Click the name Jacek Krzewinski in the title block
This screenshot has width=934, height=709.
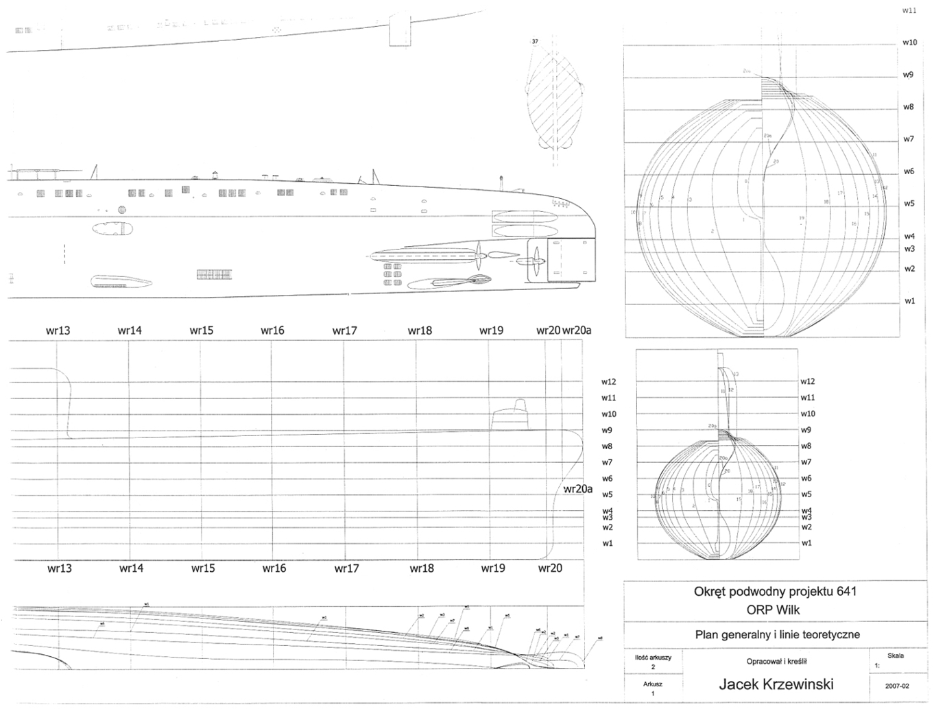(x=776, y=684)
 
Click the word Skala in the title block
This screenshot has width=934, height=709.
(x=896, y=656)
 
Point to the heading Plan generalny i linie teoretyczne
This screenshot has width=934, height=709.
(x=777, y=635)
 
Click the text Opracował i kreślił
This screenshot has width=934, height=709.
(x=776, y=662)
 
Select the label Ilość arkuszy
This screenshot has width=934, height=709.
(x=653, y=657)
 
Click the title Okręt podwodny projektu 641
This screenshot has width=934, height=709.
(x=776, y=592)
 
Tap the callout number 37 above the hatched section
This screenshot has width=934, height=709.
(x=535, y=42)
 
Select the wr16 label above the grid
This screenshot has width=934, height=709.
(x=272, y=331)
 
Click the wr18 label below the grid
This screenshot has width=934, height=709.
(x=422, y=568)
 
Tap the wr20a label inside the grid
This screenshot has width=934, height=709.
(x=577, y=489)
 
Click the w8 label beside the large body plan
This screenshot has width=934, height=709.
(x=909, y=107)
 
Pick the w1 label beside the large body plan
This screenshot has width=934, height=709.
(x=909, y=301)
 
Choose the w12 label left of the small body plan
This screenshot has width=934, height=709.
(x=609, y=382)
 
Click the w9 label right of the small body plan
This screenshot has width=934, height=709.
(x=806, y=430)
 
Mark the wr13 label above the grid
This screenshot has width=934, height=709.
(x=58, y=331)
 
